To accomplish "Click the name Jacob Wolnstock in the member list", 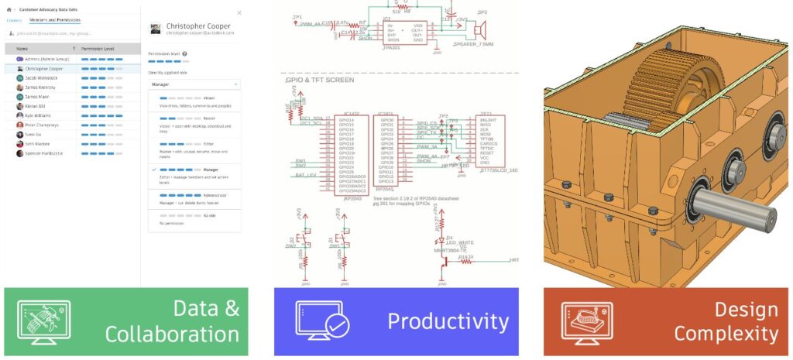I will coord(40,77).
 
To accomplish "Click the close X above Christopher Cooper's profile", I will coord(239,13).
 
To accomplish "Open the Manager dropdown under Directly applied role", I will coord(194,83).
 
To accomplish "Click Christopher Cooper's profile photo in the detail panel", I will coord(155,29).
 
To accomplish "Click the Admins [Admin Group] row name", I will coord(46,59).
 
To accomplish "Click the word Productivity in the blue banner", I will coord(448,321).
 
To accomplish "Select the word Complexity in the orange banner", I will coord(726,334).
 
